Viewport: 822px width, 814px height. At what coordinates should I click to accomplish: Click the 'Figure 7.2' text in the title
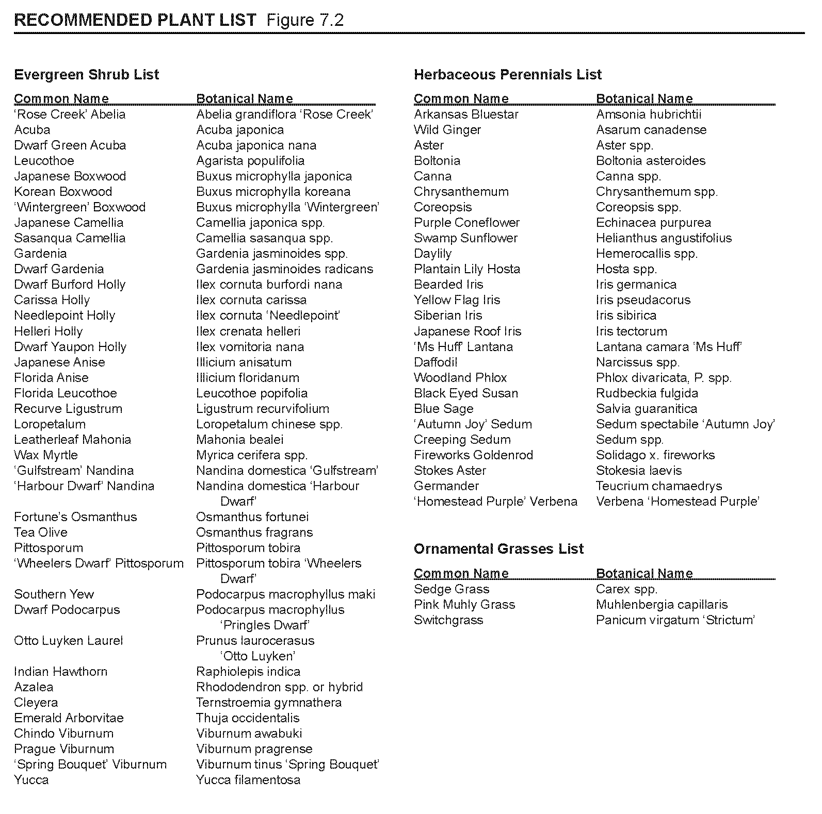click(x=305, y=20)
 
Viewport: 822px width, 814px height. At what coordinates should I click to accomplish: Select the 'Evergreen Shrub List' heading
click(x=87, y=75)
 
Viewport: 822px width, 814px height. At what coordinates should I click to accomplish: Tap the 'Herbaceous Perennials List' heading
click(x=508, y=75)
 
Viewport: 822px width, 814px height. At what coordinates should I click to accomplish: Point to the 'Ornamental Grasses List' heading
click(x=498, y=549)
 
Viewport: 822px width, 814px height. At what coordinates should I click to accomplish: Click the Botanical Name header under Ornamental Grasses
click(x=644, y=573)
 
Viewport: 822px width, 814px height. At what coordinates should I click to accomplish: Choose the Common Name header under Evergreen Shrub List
click(x=61, y=98)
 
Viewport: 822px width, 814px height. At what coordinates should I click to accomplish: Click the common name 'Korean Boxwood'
click(x=63, y=192)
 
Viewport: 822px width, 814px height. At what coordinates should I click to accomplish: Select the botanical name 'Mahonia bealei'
click(x=240, y=440)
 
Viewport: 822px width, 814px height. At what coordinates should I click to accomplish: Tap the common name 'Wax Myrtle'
click(x=46, y=455)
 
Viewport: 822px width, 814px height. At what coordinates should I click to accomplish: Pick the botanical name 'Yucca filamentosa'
click(x=248, y=780)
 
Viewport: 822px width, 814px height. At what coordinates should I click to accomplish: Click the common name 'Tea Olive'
click(x=41, y=533)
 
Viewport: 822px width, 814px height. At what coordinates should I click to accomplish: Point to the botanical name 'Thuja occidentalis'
click(x=248, y=718)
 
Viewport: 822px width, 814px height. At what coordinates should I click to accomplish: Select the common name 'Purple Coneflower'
click(x=466, y=223)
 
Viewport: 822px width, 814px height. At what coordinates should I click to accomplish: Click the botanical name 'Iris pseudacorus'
click(x=643, y=300)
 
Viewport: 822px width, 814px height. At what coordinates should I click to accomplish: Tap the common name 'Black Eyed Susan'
click(x=466, y=393)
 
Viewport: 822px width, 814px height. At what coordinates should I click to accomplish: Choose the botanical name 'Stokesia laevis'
click(x=639, y=471)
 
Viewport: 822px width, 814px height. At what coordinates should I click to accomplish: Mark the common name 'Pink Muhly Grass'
click(x=464, y=605)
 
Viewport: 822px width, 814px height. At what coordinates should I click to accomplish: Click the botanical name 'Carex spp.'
click(x=626, y=589)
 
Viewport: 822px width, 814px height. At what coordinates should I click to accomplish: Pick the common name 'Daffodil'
click(x=436, y=362)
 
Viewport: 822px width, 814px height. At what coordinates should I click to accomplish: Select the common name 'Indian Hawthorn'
click(x=61, y=672)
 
